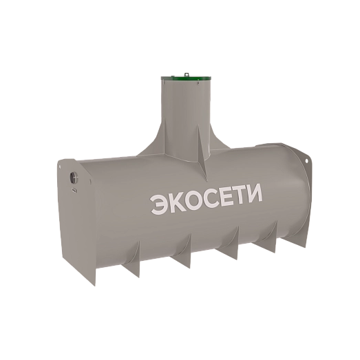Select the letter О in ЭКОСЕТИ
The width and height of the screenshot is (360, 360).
pyautogui.click(x=194, y=199)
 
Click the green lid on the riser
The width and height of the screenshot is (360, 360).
pyautogui.click(x=186, y=78)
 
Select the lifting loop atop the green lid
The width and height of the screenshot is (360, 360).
pyautogui.click(x=187, y=74)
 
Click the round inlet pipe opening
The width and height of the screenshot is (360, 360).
pyautogui.click(x=74, y=177)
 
